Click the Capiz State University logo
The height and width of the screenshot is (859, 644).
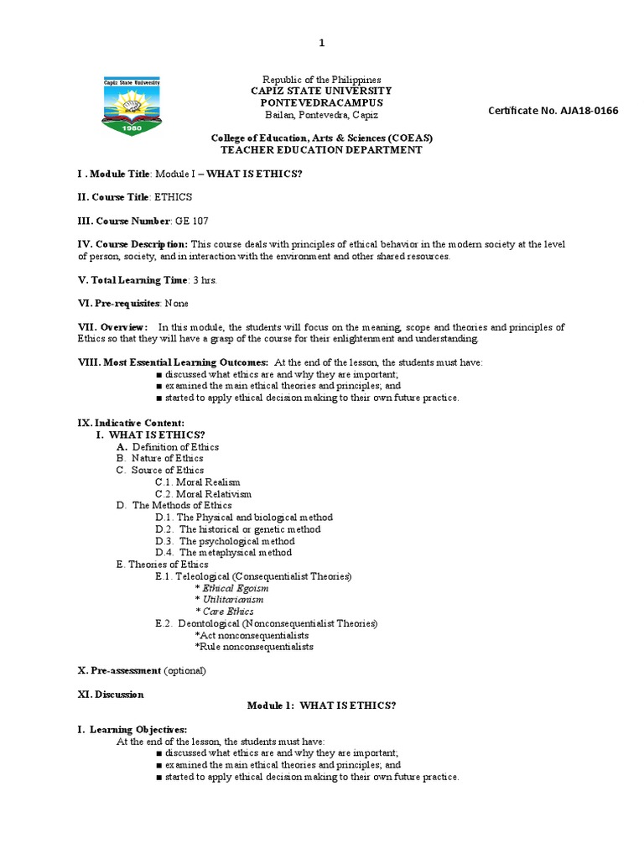click(x=131, y=107)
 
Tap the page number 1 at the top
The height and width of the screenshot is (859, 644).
click(x=321, y=43)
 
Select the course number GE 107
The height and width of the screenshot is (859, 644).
click(x=191, y=221)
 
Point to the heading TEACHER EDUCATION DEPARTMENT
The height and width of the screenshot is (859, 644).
click(x=321, y=149)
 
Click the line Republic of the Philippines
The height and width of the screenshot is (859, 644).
click(x=322, y=79)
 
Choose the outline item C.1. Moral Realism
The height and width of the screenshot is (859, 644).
click(x=198, y=482)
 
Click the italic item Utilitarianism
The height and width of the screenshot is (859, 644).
click(x=229, y=600)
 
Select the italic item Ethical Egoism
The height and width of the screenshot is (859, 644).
click(x=231, y=588)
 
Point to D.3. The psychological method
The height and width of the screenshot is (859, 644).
click(x=225, y=541)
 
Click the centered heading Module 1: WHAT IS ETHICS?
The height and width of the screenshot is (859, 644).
click(x=321, y=705)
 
